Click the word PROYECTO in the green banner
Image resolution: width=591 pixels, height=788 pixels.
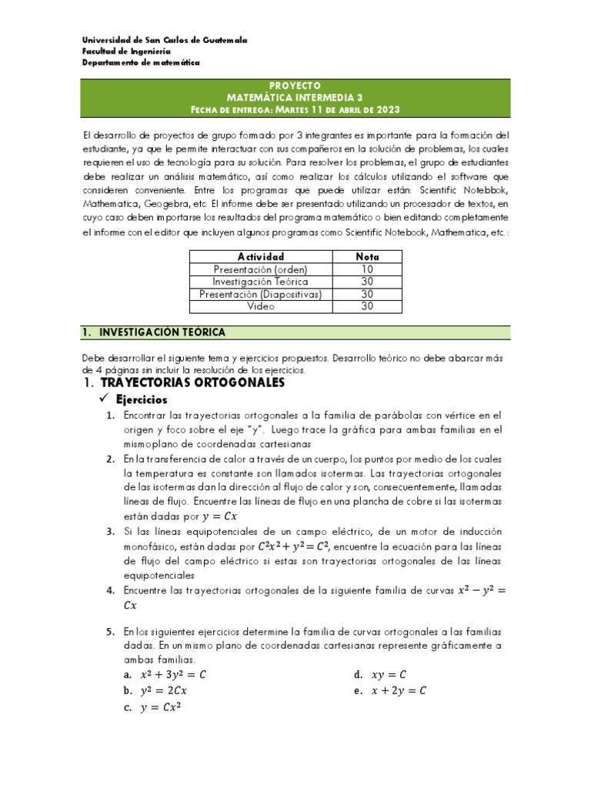tap(296, 85)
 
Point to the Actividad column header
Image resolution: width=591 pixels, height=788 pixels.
tap(261, 256)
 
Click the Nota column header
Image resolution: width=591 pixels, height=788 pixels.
tap(367, 256)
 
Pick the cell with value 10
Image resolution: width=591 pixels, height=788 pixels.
tap(367, 269)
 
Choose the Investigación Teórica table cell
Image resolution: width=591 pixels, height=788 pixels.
tap(261, 282)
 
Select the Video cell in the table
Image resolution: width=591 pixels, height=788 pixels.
tap(261, 306)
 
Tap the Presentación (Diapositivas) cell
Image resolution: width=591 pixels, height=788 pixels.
tap(261, 294)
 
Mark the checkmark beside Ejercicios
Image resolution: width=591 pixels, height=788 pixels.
tap(105, 400)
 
